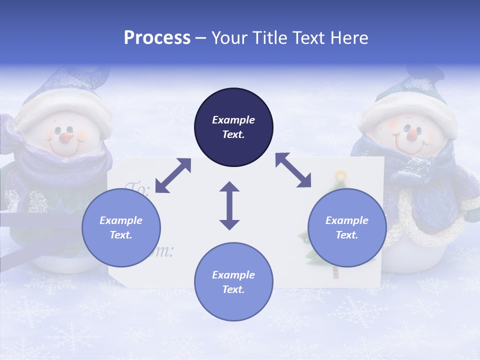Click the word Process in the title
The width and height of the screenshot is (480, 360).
pos(157,38)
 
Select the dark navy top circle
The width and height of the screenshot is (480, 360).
pos(233,107)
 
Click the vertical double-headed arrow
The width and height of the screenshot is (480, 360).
pos(229,205)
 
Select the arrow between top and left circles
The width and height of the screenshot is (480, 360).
pos(173,175)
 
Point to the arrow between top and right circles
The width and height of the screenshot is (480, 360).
pos(293,170)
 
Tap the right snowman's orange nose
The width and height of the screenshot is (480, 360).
pos(412,134)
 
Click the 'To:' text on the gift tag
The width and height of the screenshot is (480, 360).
pos(137,189)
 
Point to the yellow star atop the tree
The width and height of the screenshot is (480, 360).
pos(340,175)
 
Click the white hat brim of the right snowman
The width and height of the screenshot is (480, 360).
pos(407,112)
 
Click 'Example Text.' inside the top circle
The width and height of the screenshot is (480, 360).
pos(233,127)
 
